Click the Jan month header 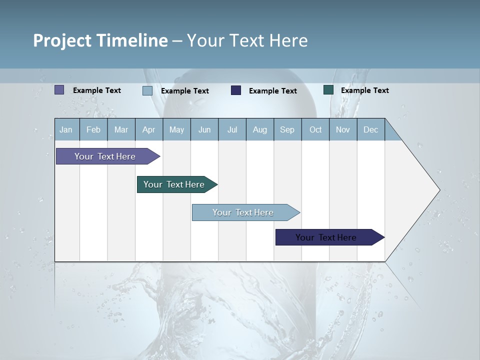(66, 130)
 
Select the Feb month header (93, 130)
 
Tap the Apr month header (148, 130)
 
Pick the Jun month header (204, 130)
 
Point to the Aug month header (260, 130)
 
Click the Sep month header (287, 130)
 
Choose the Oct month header (315, 130)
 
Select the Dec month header (370, 130)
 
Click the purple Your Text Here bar (105, 156)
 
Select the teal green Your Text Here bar (174, 184)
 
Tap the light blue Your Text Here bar (243, 212)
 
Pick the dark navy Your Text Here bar (326, 237)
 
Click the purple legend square (59, 90)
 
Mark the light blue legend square (147, 90)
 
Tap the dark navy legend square (236, 90)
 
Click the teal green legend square (328, 90)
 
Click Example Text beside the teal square (364, 90)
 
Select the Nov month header (343, 130)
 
